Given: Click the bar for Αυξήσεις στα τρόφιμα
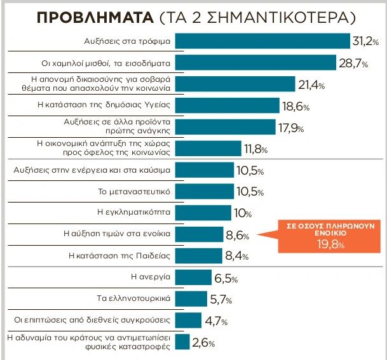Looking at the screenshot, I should pyautogui.click(x=262, y=41).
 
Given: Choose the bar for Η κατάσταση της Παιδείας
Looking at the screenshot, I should pyautogui.click(x=198, y=256).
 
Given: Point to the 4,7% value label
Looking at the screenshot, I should pyautogui.click(x=215, y=321).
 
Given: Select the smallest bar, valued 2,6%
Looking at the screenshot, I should pyautogui.click(x=182, y=341).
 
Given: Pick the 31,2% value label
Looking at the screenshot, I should pyautogui.click(x=365, y=41).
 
